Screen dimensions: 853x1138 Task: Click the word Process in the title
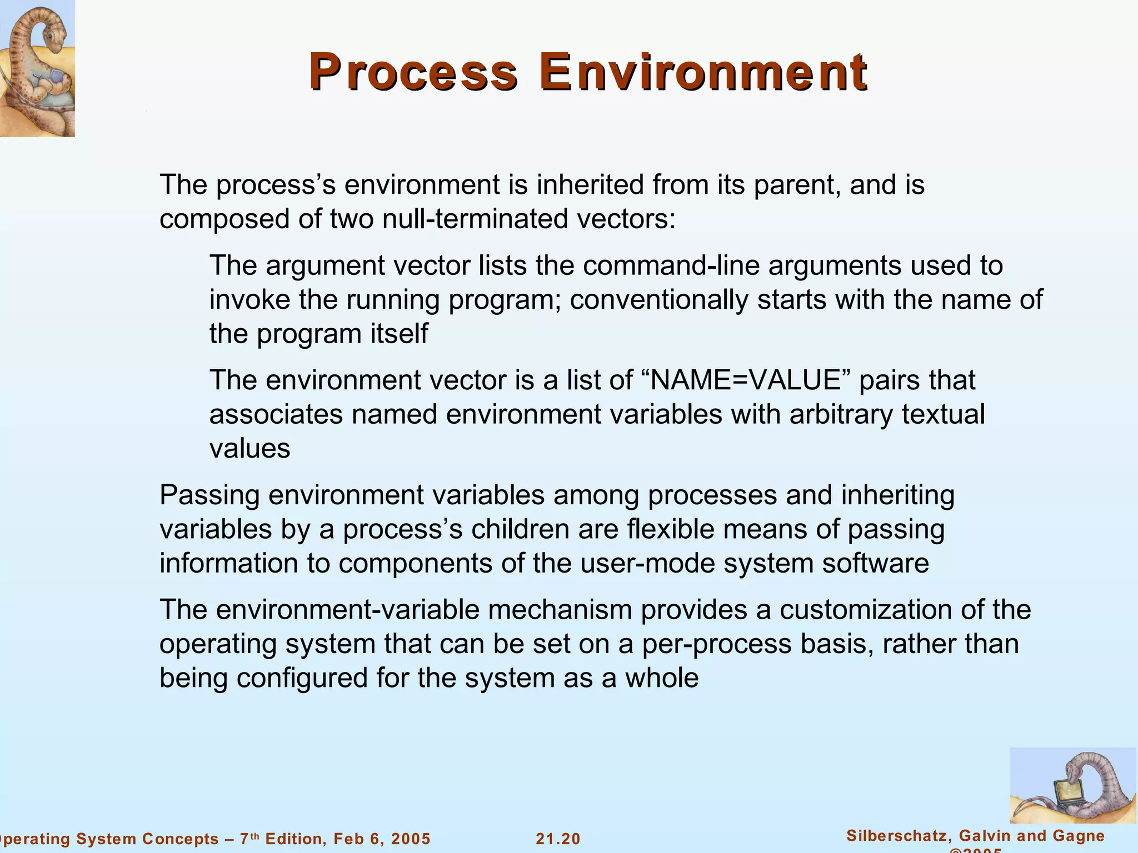coord(413,72)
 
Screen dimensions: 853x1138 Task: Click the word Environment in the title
coord(703,72)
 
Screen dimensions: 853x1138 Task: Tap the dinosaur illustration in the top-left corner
coord(37,68)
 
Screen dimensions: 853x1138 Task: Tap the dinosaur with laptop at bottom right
coord(1072,785)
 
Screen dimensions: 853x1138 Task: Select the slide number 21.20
coord(558,839)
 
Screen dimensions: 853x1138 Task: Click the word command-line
coord(671,265)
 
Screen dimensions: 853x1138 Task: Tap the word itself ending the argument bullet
coord(398,334)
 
